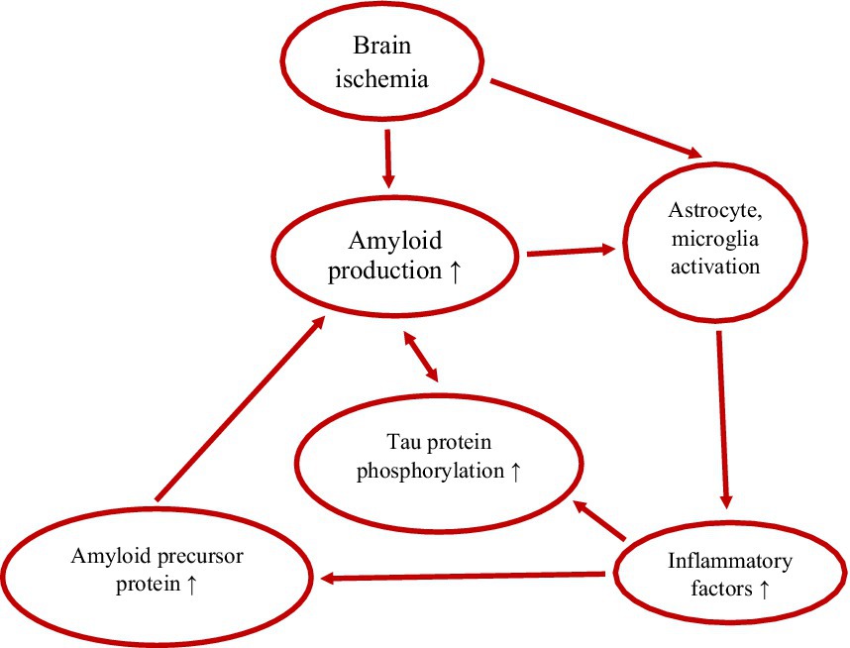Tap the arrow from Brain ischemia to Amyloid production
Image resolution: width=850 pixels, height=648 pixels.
pyautogui.click(x=387, y=159)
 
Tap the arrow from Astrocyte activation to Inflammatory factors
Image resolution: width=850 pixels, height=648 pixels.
pyautogui.click(x=722, y=416)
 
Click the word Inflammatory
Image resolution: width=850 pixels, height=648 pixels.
pyautogui.click(x=715, y=562)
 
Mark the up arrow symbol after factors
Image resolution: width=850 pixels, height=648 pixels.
pyautogui.click(x=763, y=589)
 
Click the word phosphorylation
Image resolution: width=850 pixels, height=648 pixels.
pyautogui.click(x=430, y=471)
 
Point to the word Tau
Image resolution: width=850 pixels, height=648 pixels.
pyautogui.click(x=403, y=444)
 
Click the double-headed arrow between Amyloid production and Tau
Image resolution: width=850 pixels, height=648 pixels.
pyautogui.click(x=422, y=358)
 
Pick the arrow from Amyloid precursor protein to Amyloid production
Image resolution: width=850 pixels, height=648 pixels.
pyautogui.click(x=241, y=406)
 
